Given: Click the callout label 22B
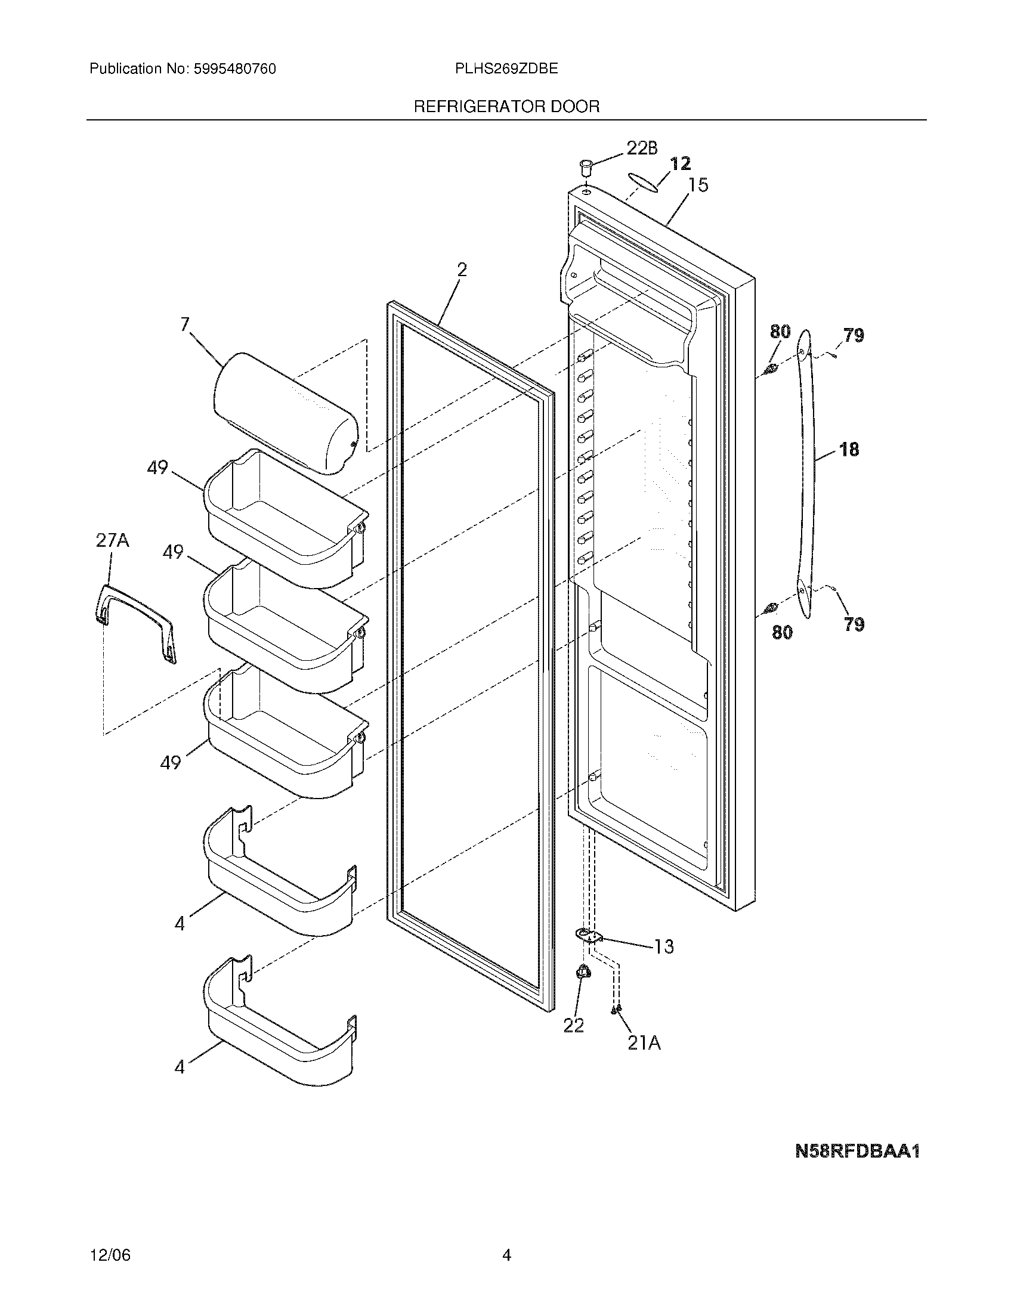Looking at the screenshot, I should coord(642,148).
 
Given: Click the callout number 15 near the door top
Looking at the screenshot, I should coord(698,185).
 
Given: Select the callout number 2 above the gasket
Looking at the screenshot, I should coord(461,270).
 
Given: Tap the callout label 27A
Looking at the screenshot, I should coord(112,541).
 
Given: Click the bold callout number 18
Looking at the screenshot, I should coord(849,448).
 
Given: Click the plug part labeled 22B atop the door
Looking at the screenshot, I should coord(586,165).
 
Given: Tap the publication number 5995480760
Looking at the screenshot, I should coord(234,69).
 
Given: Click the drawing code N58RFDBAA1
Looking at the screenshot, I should coord(857,1151).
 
